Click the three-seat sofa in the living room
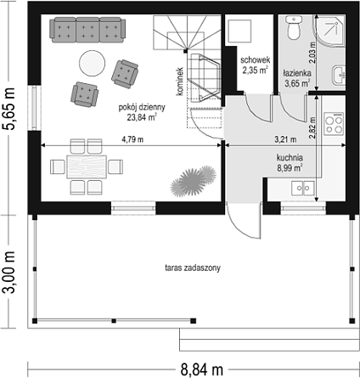pos(87,30)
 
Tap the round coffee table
pos(92,63)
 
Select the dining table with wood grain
pos(87,166)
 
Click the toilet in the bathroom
pos(294,27)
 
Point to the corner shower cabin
pos(329,31)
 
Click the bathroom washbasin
pos(339,75)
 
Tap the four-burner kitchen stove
pos(334,124)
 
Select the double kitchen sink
pos(303,188)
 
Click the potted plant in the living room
pos(194,181)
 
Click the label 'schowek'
pos(256,60)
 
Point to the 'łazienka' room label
pos(297,73)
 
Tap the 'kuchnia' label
pos(290,157)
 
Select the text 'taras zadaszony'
pos(193,268)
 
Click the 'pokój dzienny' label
pos(142,107)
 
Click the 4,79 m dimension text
pos(132,139)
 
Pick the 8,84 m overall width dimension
pos(202,370)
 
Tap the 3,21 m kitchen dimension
pos(285,139)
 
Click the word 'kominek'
pos(180,82)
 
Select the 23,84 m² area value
pos(142,117)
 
